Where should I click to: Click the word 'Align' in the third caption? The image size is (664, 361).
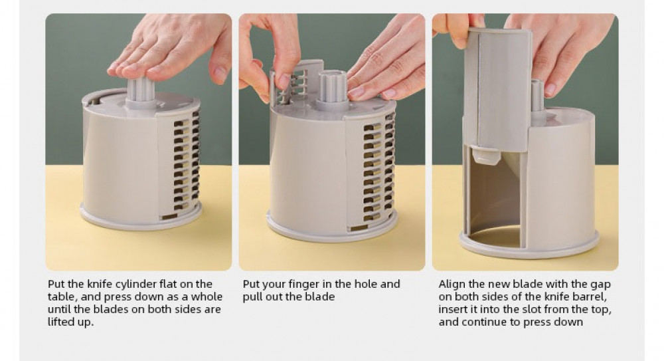click(x=452, y=285)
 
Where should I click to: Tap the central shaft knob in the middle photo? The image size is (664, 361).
click(x=333, y=88)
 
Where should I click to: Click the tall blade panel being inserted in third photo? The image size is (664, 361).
click(x=497, y=89)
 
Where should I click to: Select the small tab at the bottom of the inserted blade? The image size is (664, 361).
click(x=485, y=155)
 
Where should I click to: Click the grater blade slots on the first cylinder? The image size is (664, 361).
click(x=186, y=165)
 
